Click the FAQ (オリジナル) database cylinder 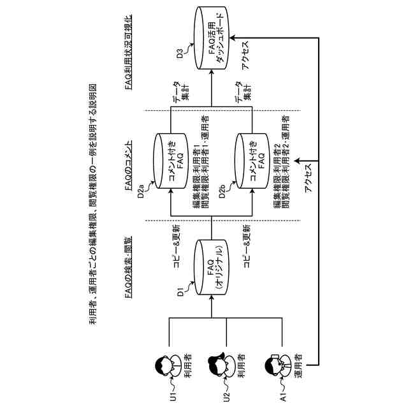[212, 267]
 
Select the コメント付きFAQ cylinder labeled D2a [171, 161]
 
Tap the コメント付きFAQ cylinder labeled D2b [252, 161]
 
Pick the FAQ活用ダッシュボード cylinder [212, 38]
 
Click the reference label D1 [180, 291]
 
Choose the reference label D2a [141, 191]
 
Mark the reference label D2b [222, 191]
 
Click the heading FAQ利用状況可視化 [129, 52]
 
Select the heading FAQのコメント [129, 165]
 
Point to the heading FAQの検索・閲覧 [129, 267]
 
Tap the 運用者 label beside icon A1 [298, 366]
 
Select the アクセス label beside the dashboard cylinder [245, 55]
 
